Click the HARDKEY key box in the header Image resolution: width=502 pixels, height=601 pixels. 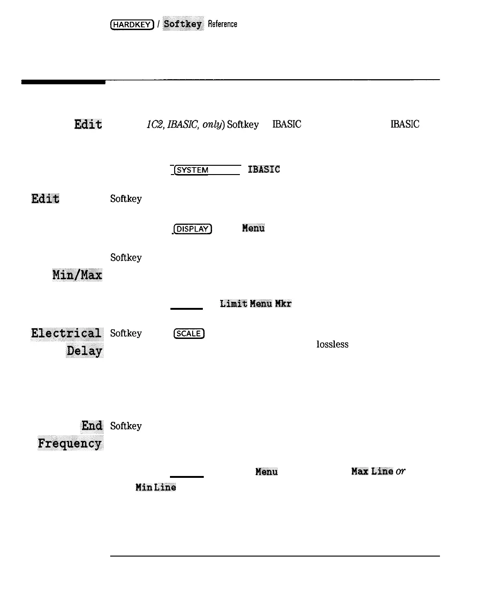click(x=132, y=25)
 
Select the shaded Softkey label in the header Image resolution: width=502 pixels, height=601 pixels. click(x=183, y=24)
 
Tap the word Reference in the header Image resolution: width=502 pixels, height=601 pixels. click(x=222, y=24)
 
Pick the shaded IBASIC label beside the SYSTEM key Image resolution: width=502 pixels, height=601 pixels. click(x=264, y=169)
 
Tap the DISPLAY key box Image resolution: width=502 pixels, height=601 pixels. click(x=192, y=229)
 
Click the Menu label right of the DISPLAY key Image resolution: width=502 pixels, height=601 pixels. click(x=253, y=228)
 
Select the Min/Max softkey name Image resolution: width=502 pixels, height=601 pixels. click(x=77, y=275)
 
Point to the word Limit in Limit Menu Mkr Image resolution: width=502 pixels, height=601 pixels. click(x=233, y=304)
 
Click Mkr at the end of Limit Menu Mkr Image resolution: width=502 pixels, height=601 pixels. click(x=283, y=304)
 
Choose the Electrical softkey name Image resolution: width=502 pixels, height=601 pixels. click(x=66, y=333)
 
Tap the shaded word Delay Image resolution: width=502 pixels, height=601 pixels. click(x=84, y=351)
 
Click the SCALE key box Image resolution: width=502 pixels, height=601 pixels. click(x=189, y=334)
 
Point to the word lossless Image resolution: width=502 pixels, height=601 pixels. click(x=332, y=344)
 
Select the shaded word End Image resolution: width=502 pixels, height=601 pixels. click(x=92, y=426)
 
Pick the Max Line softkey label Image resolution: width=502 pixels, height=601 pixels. click(x=372, y=471)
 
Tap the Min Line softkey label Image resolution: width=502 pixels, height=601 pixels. click(x=156, y=487)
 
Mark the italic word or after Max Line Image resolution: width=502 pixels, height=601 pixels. click(x=401, y=471)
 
